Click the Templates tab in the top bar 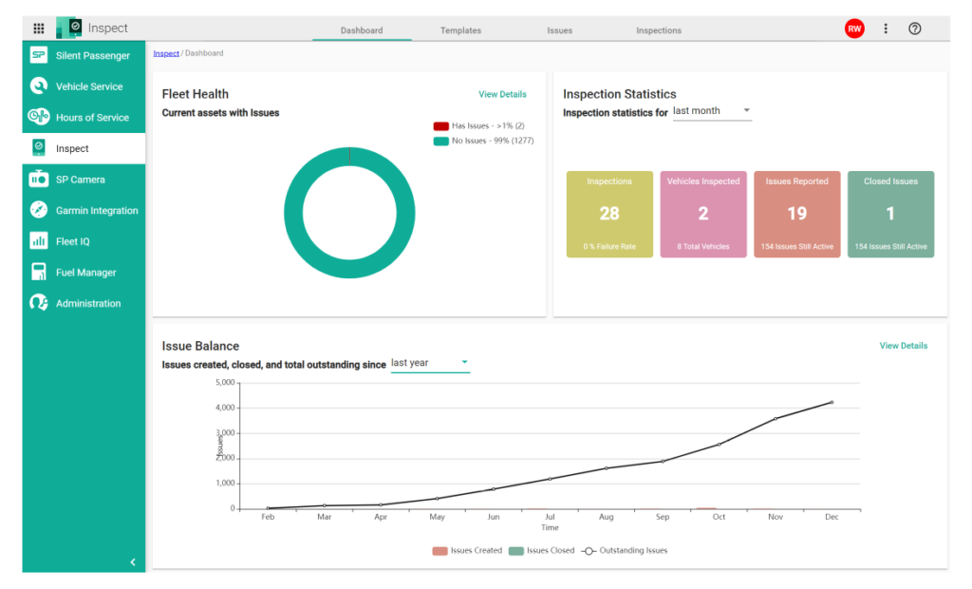[x=460, y=30]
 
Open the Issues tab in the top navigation [x=559, y=30]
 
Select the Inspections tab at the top [x=659, y=30]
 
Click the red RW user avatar [x=854, y=28]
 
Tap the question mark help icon [x=914, y=28]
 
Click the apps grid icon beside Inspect [x=39, y=28]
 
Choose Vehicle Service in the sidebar [x=88, y=86]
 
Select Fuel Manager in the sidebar [x=85, y=273]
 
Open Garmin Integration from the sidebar [x=96, y=211]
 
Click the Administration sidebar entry [x=87, y=304]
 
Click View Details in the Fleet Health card [x=502, y=94]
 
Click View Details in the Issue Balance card [x=903, y=346]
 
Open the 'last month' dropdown [x=712, y=111]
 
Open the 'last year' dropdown [x=430, y=363]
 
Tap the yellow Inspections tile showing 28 [x=609, y=215]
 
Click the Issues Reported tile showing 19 [x=796, y=215]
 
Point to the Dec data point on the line [x=832, y=402]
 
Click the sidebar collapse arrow [x=133, y=562]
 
